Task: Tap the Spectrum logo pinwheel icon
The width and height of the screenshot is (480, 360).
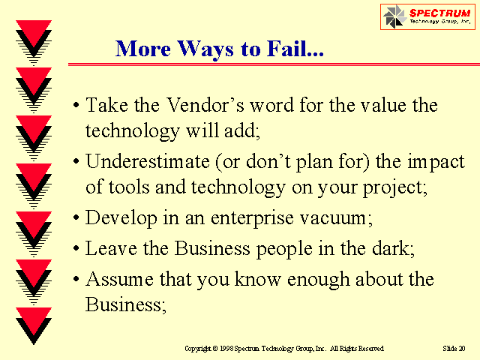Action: tap(394, 16)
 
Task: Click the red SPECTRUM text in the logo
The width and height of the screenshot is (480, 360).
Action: tap(440, 13)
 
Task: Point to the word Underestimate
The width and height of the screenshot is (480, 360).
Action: tap(148, 161)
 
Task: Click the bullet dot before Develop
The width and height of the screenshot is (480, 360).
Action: tap(76, 217)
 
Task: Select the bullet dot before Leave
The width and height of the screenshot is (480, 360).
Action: tap(76, 248)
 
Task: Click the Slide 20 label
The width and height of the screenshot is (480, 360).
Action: tap(454, 348)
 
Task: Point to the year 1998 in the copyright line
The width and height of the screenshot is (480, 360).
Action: tap(226, 348)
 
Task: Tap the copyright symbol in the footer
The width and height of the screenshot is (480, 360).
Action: tap(215, 349)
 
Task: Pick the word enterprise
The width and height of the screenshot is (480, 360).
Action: tap(252, 218)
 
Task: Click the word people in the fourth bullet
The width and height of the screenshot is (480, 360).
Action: tap(284, 248)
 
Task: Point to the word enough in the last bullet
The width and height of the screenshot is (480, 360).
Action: tap(318, 280)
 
